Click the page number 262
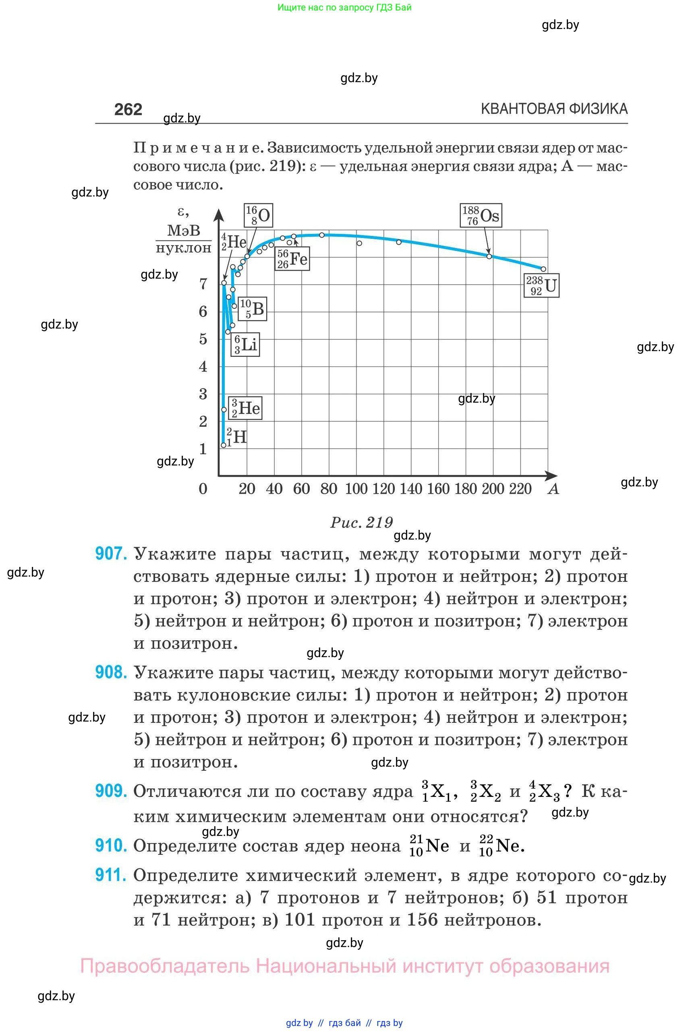tap(128, 110)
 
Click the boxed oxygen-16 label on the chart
tap(258, 215)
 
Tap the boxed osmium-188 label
tap(481, 215)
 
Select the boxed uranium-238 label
tap(541, 285)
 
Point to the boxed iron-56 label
tap(292, 259)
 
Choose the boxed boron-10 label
tap(252, 308)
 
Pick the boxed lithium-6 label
tap(245, 344)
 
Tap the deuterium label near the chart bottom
tap(236, 437)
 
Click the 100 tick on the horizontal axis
tap(356, 489)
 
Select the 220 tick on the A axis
tap(520, 489)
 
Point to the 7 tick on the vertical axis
tap(203, 284)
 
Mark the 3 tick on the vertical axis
tap(203, 394)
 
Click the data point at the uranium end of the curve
tap(543, 269)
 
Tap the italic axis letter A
tap(553, 489)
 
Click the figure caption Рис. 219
tap(362, 523)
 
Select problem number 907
tap(111, 553)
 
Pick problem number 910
tap(111, 846)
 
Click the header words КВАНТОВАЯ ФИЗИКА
tap(554, 109)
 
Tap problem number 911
tap(111, 875)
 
